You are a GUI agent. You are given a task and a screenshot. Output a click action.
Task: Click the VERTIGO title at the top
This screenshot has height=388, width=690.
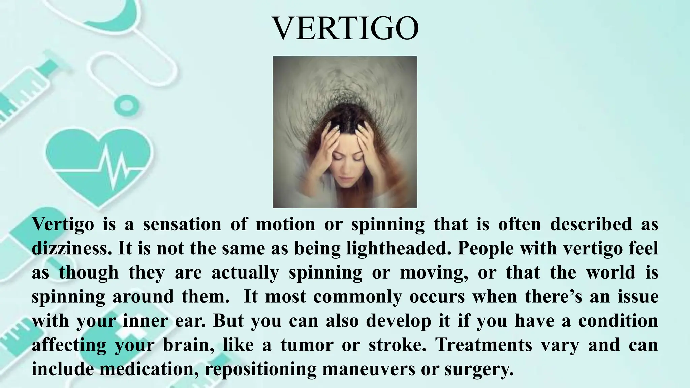345,28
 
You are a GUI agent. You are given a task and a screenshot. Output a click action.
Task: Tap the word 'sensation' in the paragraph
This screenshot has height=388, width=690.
182,224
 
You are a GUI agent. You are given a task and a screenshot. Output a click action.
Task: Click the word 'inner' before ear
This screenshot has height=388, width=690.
145,321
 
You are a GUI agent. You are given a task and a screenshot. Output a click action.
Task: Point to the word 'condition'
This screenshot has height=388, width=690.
618,321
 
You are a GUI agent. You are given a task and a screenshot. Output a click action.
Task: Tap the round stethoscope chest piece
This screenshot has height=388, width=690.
126,105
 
